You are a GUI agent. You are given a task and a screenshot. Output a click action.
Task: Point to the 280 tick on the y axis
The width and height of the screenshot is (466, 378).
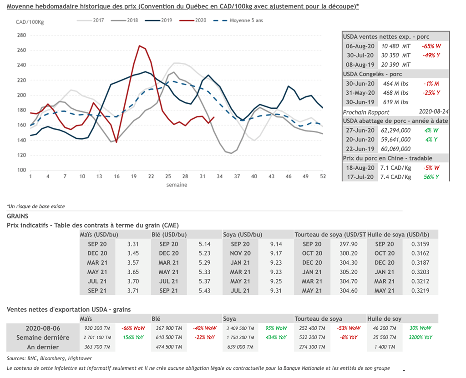pos(21,35)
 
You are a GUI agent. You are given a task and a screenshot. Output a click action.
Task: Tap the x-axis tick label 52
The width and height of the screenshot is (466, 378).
pos(323,176)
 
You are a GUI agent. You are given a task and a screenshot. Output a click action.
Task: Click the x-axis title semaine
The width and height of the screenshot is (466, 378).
pos(177,185)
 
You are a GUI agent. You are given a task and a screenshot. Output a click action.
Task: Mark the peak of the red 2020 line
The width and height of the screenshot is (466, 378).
pos(139,45)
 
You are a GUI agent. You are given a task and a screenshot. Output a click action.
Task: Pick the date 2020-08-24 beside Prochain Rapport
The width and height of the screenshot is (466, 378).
pos(434,112)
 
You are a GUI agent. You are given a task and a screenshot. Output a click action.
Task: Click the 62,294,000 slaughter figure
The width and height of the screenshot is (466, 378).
pos(395,131)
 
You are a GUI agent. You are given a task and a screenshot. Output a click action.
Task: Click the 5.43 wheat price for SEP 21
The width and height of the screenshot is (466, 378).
pos(205,290)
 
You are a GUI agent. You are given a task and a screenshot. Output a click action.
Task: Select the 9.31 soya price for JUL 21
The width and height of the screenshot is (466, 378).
pos(276,290)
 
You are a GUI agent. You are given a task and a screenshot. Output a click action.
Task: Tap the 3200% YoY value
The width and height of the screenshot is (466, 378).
pos(420,338)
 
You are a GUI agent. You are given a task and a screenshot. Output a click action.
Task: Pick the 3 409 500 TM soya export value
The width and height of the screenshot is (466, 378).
pos(240,328)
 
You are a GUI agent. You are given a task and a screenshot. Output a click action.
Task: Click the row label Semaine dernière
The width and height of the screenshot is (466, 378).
pos(43,338)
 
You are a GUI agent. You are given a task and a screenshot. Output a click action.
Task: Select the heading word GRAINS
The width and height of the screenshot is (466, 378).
pos(18,216)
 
